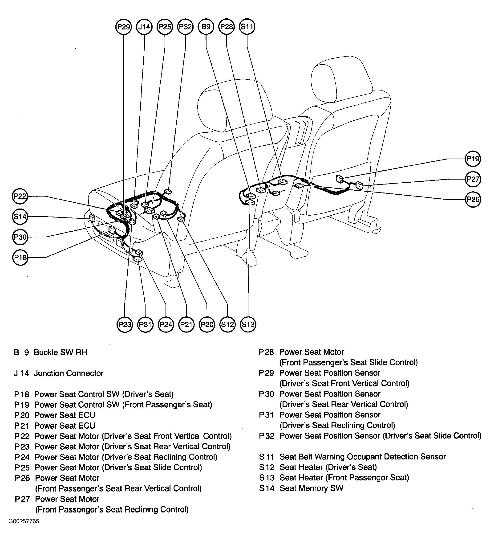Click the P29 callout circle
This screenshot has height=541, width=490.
pyautogui.click(x=123, y=27)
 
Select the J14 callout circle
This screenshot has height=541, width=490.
pyautogui.click(x=144, y=27)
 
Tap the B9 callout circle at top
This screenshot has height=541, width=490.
pyautogui.click(x=206, y=27)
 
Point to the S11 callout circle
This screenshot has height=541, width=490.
pyautogui.click(x=247, y=27)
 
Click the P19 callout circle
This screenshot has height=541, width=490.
pyautogui.click(x=473, y=159)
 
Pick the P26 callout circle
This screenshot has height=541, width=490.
pyautogui.click(x=473, y=199)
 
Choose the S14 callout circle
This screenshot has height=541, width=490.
pyautogui.click(x=20, y=216)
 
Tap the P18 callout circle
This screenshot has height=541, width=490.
pyautogui.click(x=20, y=258)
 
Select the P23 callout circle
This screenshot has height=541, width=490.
pyautogui.click(x=125, y=325)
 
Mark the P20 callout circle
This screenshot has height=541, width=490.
pyautogui.click(x=207, y=325)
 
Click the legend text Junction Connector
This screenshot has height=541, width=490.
pyautogui.click(x=69, y=373)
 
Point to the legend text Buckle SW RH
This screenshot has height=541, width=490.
pyautogui.click(x=60, y=352)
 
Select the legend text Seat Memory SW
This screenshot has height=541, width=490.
pyautogui.click(x=311, y=488)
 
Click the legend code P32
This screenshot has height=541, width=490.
pyautogui.click(x=267, y=436)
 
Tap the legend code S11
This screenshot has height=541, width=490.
pyautogui.click(x=267, y=457)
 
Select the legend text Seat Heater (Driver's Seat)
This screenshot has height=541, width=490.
pyautogui.click(x=328, y=467)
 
